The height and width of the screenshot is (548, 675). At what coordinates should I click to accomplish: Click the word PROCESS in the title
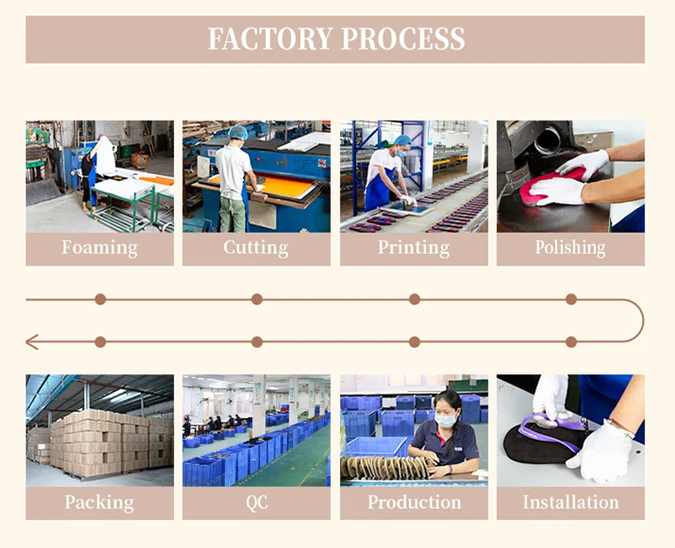[403, 40]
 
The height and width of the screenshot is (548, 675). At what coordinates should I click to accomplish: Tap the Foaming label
[100, 248]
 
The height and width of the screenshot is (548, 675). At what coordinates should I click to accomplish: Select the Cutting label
[256, 248]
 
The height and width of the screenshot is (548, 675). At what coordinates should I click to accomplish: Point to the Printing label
[413, 248]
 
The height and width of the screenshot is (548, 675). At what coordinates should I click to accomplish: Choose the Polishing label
[570, 248]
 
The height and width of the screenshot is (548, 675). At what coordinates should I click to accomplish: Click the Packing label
[100, 502]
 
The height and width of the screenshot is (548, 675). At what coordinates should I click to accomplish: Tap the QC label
[256, 502]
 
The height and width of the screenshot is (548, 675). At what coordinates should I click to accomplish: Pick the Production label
[413, 502]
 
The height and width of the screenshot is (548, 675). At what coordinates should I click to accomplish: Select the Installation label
[570, 502]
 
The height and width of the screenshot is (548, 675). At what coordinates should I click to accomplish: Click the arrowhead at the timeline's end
[31, 341]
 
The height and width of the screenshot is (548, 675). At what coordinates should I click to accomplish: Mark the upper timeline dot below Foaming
[100, 298]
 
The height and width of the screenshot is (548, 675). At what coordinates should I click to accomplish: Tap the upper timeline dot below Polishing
[571, 298]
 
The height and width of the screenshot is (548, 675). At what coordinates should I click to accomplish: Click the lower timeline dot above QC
[257, 341]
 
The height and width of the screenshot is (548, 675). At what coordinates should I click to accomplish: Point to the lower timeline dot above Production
[414, 341]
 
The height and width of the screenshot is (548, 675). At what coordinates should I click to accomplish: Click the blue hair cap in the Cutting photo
[238, 132]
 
